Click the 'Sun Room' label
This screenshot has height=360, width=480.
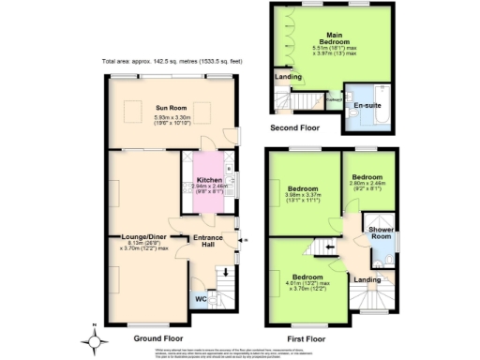[171, 108]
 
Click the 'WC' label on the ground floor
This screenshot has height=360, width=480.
[200, 300]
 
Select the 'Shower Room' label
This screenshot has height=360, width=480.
[381, 232]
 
